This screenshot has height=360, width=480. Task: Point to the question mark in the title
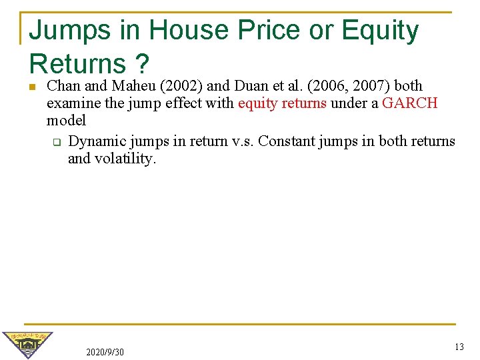141,64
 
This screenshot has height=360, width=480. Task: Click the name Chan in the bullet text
63,86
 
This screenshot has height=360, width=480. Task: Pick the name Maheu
133,86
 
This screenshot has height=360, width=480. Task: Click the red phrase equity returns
282,103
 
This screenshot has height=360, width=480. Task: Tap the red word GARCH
410,103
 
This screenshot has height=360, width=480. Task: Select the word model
66,121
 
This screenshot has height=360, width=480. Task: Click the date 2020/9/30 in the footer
105,351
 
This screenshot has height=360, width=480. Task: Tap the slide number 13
459,347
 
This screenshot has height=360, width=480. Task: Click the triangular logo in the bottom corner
27,344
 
